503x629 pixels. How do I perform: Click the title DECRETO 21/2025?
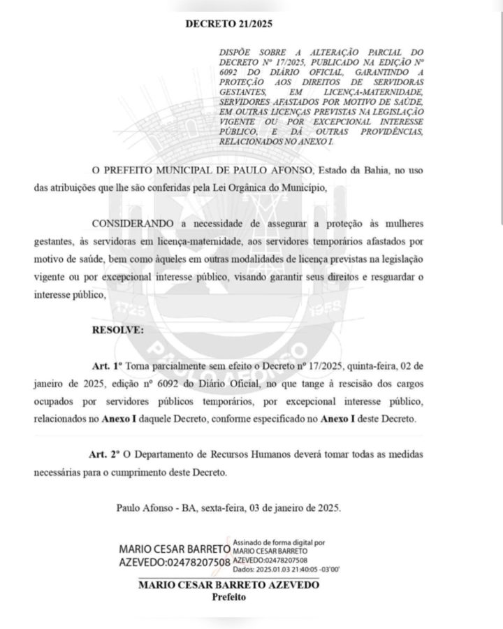point(228,23)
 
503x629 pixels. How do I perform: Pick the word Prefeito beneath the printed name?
point(229,597)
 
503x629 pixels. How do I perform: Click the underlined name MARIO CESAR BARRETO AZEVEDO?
point(229,584)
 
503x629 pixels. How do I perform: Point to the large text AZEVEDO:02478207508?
point(175,562)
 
